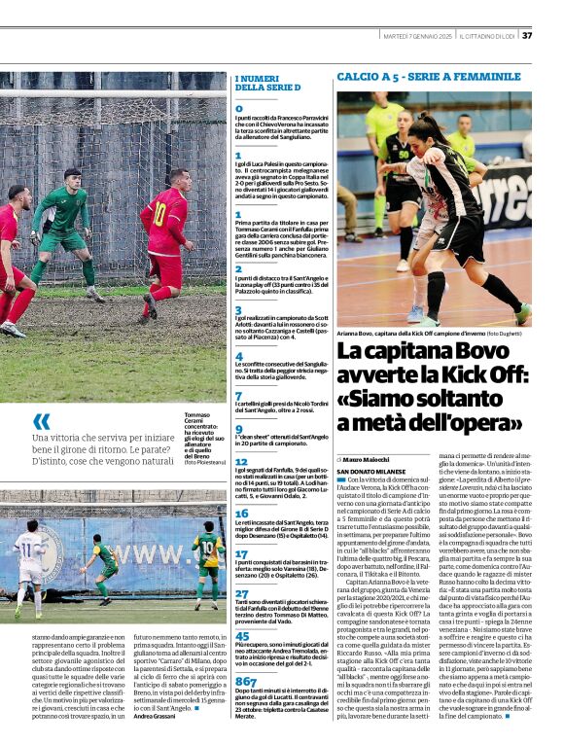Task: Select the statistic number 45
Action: (x=242, y=636)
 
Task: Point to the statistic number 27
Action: (x=241, y=593)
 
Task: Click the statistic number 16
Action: (x=241, y=513)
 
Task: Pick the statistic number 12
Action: (x=241, y=463)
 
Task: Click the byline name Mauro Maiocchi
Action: (x=368, y=458)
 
